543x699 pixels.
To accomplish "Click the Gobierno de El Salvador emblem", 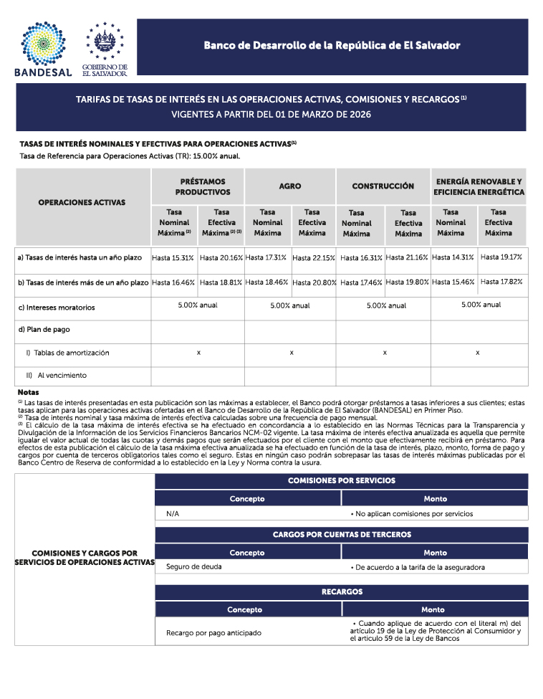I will [105, 47].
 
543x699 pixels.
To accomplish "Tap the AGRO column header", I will [290, 186].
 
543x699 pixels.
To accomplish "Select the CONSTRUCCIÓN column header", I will [383, 186].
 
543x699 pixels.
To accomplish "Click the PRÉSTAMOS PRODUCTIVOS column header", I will [203, 187].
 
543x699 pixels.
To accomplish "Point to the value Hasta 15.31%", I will [173, 257].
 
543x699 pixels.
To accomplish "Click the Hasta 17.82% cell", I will [501, 282].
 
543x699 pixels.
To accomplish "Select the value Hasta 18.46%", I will [267, 282].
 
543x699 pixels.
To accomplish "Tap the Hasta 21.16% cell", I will [407, 257].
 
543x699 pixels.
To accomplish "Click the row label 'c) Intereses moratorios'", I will [56, 308].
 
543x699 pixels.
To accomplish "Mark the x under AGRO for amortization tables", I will [292, 353].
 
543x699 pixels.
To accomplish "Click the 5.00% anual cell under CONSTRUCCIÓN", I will [386, 305].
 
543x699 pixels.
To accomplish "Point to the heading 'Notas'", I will [28, 393].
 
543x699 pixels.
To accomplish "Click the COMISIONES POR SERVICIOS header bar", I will [341, 480].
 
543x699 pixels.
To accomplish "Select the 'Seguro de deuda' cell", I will [193, 567].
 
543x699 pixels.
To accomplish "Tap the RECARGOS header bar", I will [341, 591].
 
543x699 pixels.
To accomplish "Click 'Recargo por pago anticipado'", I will [213, 633].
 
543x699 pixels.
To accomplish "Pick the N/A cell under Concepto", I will [173, 514].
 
